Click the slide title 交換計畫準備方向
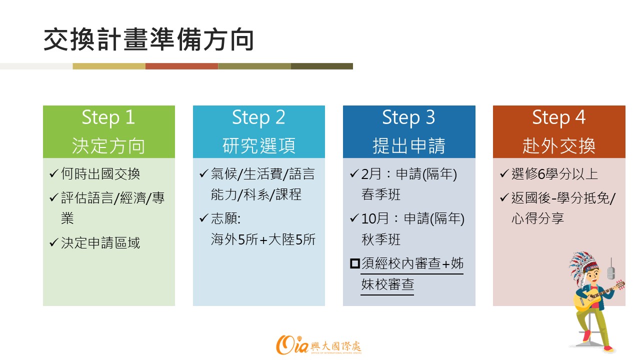(148, 39)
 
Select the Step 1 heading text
(108, 117)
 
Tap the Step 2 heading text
(258, 117)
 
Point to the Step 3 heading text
(408, 117)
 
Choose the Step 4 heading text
(559, 117)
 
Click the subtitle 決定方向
(108, 145)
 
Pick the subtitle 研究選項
(258, 145)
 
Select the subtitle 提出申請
(409, 145)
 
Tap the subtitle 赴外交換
(559, 145)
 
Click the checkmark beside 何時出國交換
(53, 173)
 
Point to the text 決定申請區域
(100, 243)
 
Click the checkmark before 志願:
(203, 218)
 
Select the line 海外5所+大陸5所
(263, 239)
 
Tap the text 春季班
(381, 194)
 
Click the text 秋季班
(381, 239)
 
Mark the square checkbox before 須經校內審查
(355, 263)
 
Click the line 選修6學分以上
(554, 173)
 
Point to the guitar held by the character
(597, 296)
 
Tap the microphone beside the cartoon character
(611, 270)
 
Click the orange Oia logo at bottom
(292, 345)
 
